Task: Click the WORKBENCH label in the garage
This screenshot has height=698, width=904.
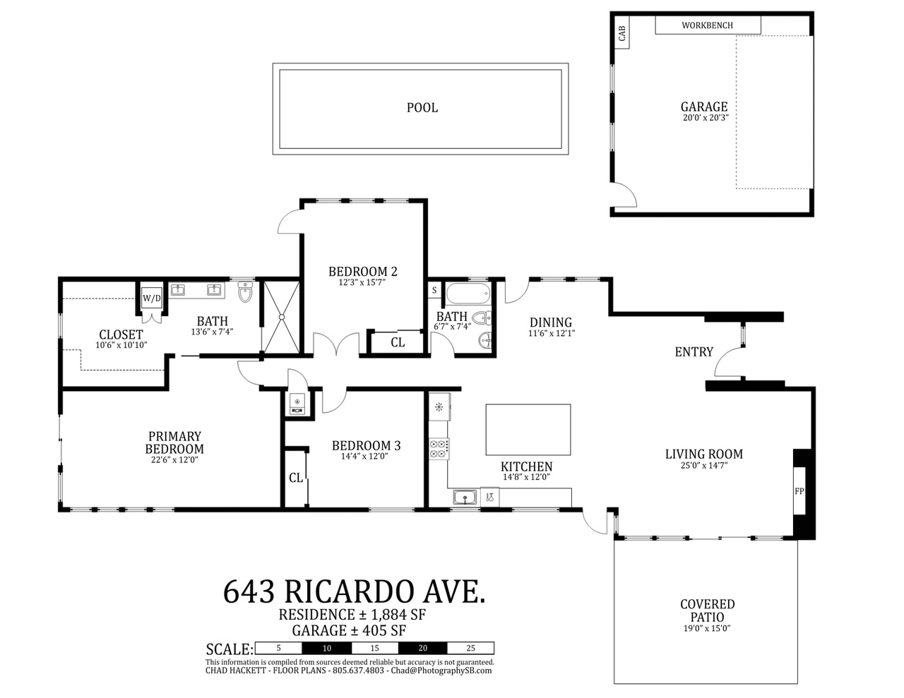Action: [707, 25]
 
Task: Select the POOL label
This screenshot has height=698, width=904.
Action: [422, 108]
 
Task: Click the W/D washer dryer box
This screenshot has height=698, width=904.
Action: [151, 298]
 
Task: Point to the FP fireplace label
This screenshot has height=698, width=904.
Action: [799, 491]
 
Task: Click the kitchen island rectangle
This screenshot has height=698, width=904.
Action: [528, 429]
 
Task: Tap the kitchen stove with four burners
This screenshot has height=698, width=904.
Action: [439, 449]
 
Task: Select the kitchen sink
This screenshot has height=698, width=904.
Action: [465, 497]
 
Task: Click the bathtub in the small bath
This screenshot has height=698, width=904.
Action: [468, 294]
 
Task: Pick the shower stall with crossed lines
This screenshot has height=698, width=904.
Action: [282, 317]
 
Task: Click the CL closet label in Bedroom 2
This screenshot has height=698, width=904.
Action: [398, 342]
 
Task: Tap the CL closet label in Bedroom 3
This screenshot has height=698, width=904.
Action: [296, 478]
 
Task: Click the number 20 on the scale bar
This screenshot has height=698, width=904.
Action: [422, 648]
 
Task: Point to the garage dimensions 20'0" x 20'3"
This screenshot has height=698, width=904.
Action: [706, 118]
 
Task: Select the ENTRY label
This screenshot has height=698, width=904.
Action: [694, 352]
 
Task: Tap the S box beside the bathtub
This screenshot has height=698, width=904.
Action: [434, 290]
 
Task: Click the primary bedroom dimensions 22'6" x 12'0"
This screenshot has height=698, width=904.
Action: [174, 459]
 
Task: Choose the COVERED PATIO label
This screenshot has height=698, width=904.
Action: [707, 610]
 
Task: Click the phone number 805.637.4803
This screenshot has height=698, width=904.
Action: [358, 670]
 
